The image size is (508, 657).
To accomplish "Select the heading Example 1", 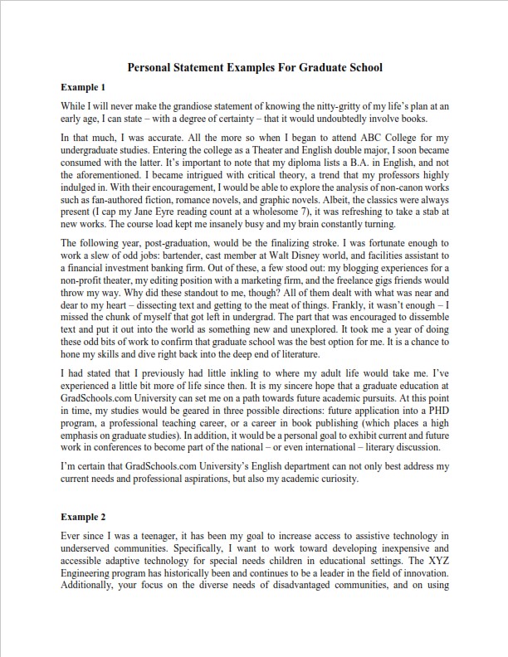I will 83,86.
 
